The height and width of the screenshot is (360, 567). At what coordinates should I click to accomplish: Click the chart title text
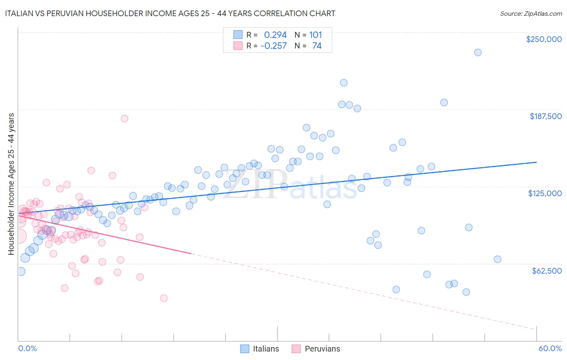tap(170, 13)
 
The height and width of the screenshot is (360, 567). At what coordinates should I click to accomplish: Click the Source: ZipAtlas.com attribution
tap(531, 13)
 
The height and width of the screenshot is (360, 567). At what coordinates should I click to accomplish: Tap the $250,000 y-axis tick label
tap(544, 39)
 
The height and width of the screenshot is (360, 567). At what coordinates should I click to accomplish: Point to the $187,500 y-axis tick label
tap(545, 116)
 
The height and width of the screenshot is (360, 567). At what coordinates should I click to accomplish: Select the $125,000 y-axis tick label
tap(545, 193)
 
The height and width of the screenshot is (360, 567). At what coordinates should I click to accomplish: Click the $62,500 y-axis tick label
tap(547, 271)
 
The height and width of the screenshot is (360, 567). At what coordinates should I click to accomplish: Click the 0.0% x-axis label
tap(27, 348)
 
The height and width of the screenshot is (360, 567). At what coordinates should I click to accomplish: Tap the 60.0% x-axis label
tap(550, 348)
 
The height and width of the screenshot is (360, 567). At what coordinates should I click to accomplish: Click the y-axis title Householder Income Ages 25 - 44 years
tap(11, 184)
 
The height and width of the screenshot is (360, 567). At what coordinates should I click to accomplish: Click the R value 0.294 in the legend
tap(275, 35)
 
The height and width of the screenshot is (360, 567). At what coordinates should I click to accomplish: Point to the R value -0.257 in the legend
tap(273, 46)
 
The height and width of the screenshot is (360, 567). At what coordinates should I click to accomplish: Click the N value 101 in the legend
tap(315, 35)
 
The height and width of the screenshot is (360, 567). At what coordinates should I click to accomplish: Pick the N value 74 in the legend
tap(317, 46)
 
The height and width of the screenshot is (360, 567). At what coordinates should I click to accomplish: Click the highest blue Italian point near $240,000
tap(477, 52)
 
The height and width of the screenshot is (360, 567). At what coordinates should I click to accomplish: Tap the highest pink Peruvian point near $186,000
tap(124, 119)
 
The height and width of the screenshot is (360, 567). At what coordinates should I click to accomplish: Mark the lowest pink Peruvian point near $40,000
tap(163, 298)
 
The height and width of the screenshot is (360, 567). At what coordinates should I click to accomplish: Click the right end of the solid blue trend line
tap(536, 162)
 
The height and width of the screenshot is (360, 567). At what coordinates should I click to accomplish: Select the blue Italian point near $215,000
tap(344, 83)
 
